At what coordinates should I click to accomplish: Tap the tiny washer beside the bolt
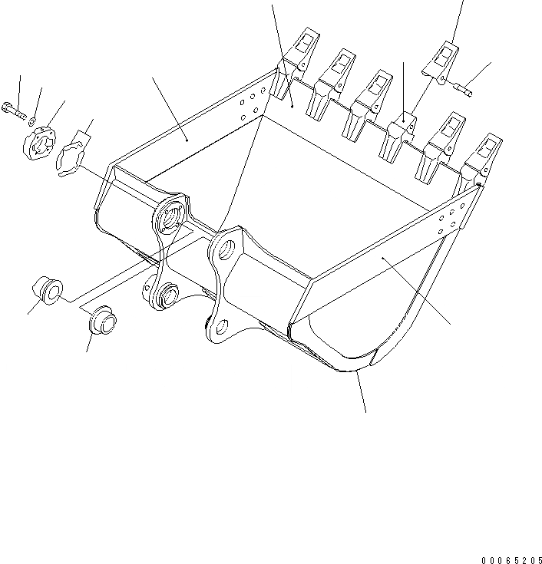(x=31, y=120)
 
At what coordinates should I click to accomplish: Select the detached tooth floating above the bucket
(x=441, y=59)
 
